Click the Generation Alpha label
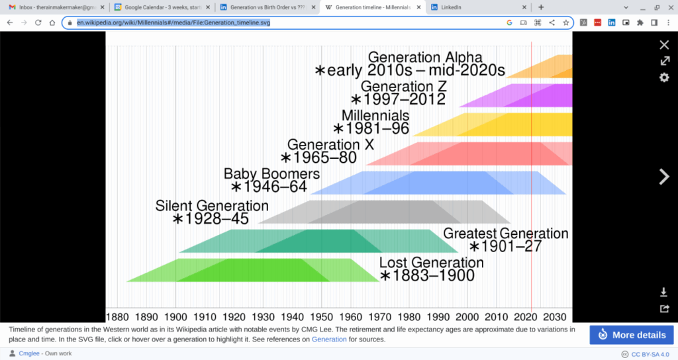tap(425, 57)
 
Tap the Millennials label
tap(375, 115)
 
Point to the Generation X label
tap(331, 144)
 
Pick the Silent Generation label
tap(212, 206)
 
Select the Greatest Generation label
tap(505, 234)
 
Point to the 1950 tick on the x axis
tap(321, 317)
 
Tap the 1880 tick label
tap(117, 317)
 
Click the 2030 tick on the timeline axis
tap(555, 317)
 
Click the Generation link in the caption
tap(329, 339)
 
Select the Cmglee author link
tap(29, 353)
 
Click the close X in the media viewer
tap(664, 44)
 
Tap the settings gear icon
tap(664, 77)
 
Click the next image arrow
tap(664, 176)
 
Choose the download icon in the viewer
tap(663, 292)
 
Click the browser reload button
tap(38, 22)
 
